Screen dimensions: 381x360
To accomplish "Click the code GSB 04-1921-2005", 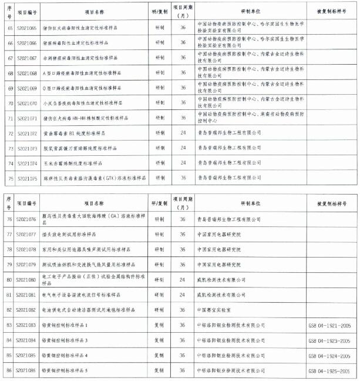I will (x=329, y=325).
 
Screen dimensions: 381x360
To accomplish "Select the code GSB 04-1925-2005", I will (x=329, y=370).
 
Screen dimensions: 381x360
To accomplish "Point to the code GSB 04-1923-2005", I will (x=329, y=340).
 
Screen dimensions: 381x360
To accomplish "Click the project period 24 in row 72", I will (x=183, y=133).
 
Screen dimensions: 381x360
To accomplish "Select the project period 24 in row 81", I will (x=183, y=294).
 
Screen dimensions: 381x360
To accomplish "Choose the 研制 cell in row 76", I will (x=159, y=219).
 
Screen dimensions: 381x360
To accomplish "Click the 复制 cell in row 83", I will (x=159, y=325).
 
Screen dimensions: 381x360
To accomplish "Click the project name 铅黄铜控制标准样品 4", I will (x=70, y=355).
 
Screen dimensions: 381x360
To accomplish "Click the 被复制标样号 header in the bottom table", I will (x=329, y=202).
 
